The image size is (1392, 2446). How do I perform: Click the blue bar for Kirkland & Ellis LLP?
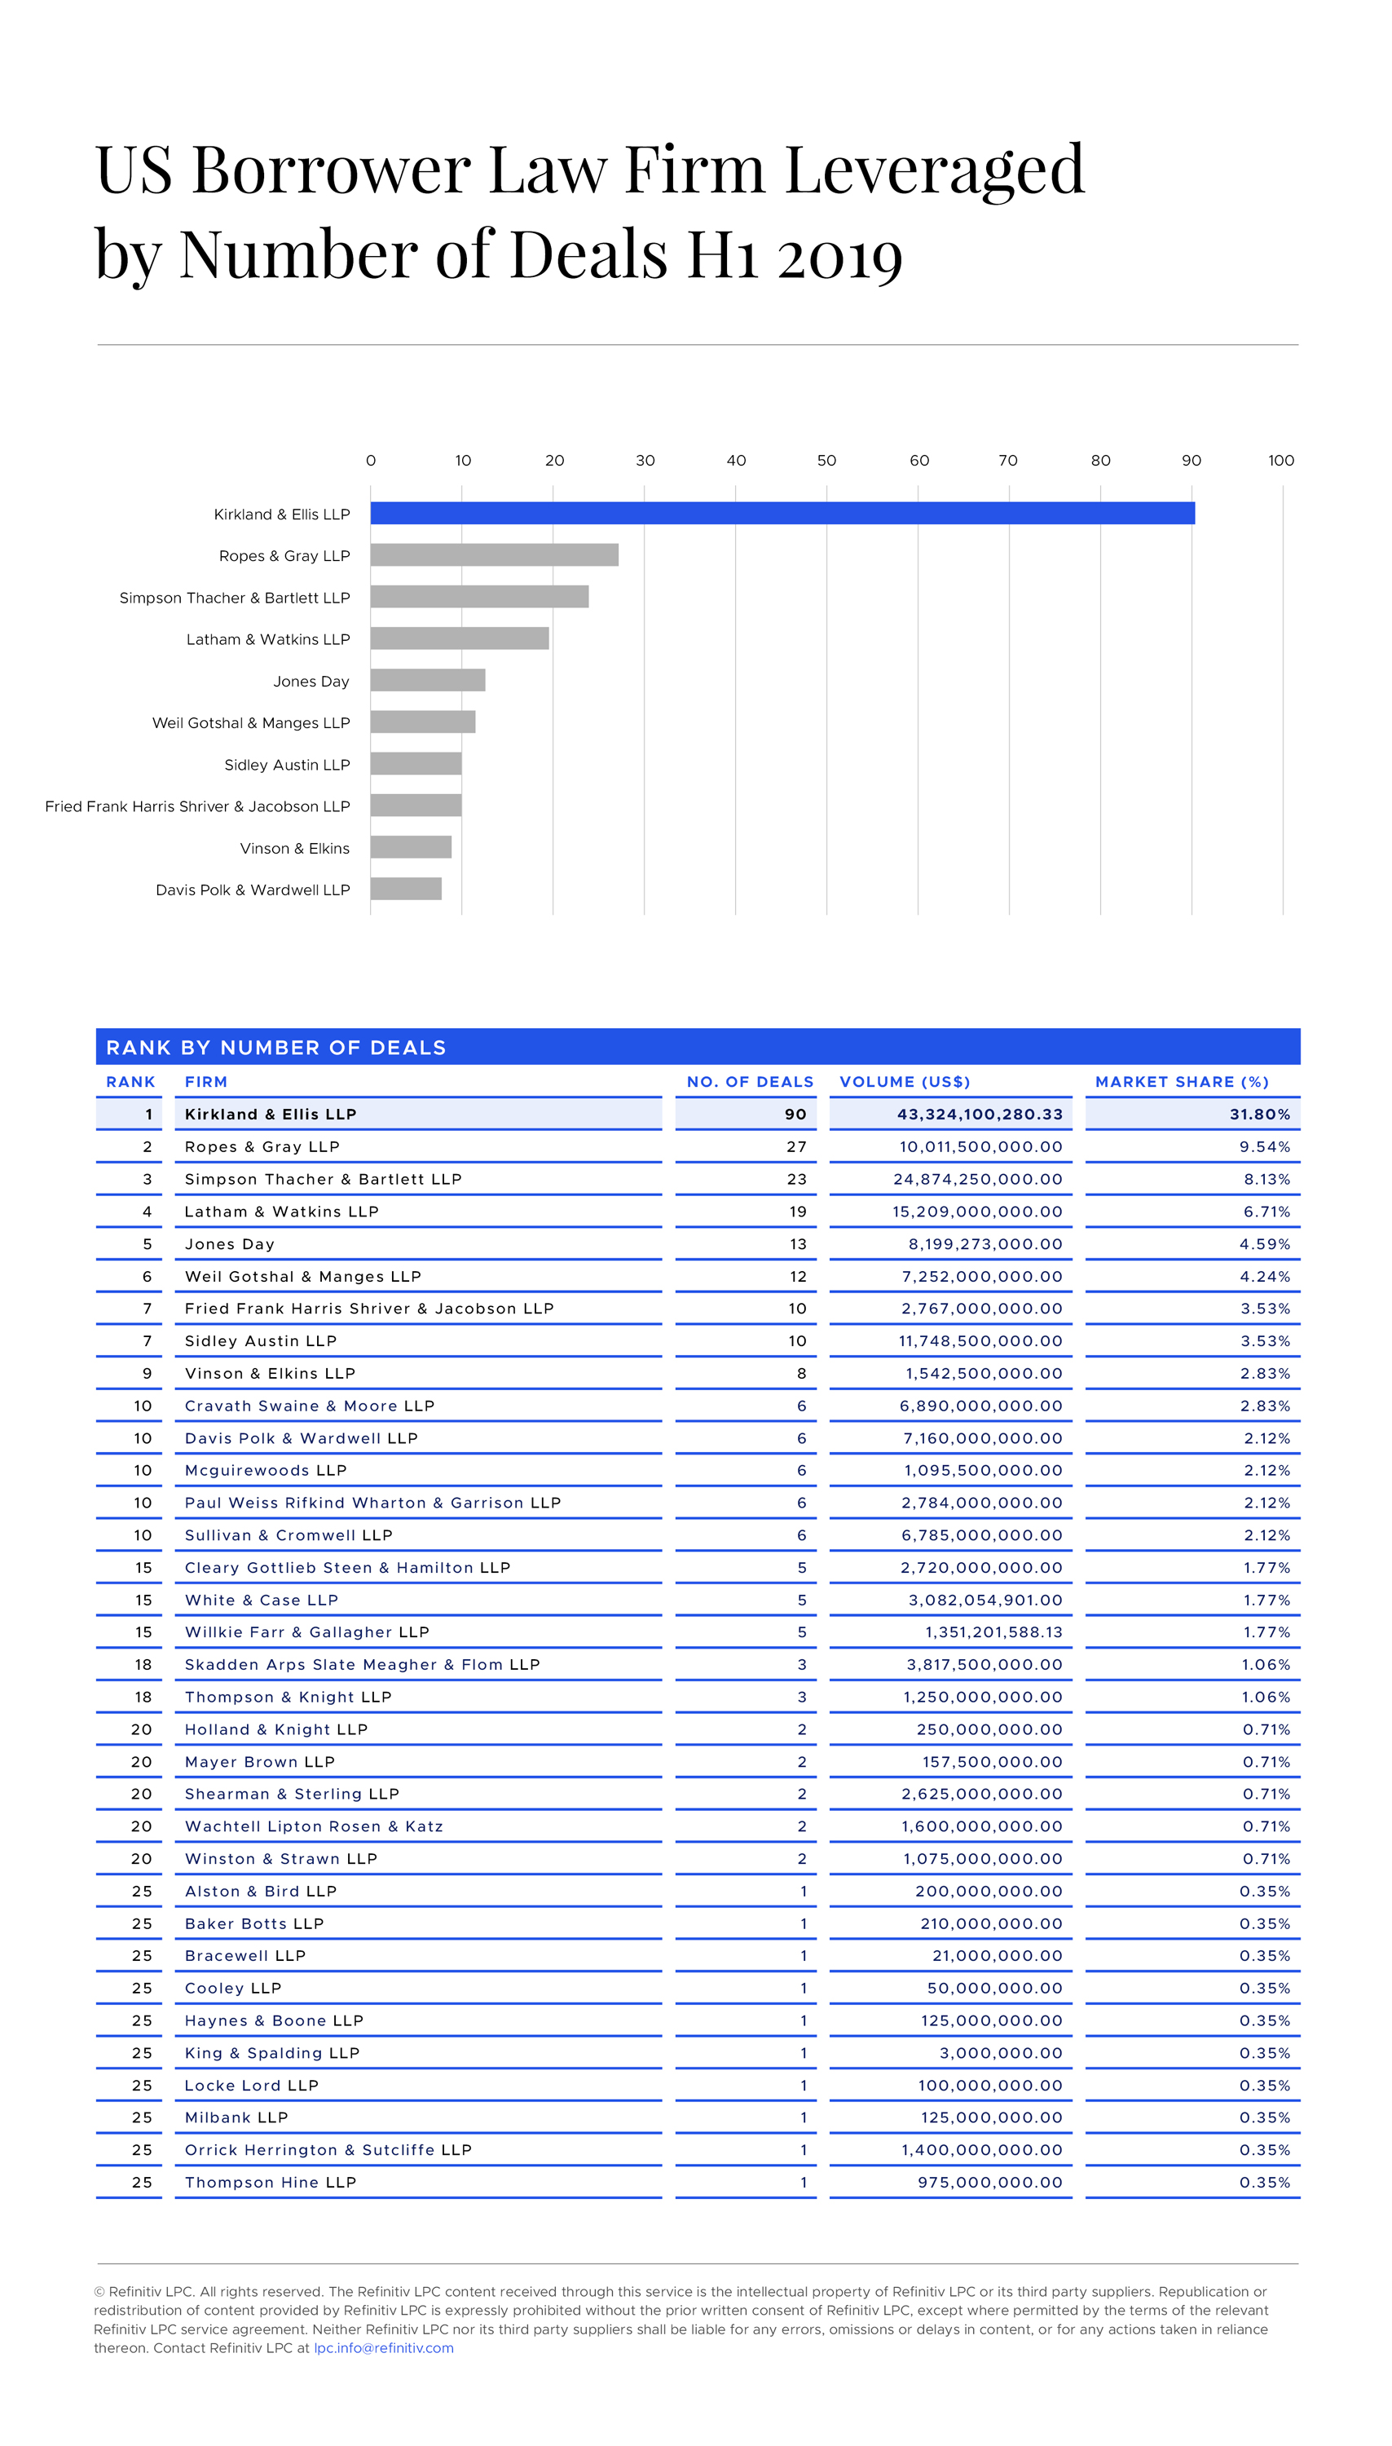coord(782,514)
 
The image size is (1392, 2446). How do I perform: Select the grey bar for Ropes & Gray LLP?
coord(494,554)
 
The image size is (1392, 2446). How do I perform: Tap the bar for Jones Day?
coord(427,680)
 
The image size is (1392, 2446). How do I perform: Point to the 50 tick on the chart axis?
coord(826,461)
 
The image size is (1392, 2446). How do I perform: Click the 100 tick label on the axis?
coord(1280,461)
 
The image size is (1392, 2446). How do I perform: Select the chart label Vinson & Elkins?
coord(294,848)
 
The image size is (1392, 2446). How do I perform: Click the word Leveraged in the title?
coord(934,170)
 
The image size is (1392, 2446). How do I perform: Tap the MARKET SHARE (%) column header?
coord(1182,1081)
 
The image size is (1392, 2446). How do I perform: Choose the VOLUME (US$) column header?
coord(905,1081)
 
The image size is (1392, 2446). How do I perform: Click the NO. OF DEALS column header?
coord(750,1081)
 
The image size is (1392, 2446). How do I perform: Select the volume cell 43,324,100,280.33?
coord(979,1114)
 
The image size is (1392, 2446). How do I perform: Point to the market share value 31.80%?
coord(1259,1114)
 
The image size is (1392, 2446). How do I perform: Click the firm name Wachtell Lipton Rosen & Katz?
coord(314,1826)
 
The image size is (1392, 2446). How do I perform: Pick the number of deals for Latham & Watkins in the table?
coord(797,1212)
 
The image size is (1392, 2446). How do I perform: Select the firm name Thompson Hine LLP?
coord(271,2182)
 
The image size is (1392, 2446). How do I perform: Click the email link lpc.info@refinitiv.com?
coord(383,2347)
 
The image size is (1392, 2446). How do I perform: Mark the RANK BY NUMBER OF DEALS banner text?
coord(276,1047)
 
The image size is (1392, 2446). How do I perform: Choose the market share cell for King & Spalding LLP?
coord(1264,2053)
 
